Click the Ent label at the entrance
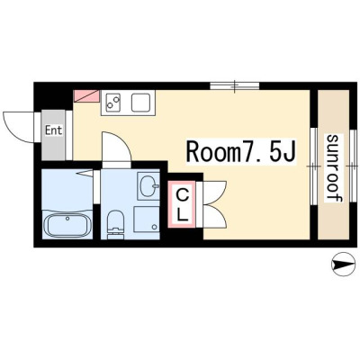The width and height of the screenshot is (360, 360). [x=54, y=130]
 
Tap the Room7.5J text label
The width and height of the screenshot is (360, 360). [x=241, y=151]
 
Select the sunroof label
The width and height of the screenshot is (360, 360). [x=335, y=167]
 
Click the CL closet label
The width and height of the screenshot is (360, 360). [x=182, y=205]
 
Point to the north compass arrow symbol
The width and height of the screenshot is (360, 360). [x=341, y=265]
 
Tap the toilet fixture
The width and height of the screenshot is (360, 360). [x=115, y=224]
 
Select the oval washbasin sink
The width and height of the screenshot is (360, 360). [x=148, y=186]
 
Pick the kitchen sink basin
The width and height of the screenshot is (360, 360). [x=140, y=103]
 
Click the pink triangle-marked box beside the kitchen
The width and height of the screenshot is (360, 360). [x=86, y=95]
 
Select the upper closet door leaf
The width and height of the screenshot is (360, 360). [x=214, y=193]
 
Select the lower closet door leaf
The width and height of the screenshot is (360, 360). [x=214, y=216]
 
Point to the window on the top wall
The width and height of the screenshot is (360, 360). [x=235, y=85]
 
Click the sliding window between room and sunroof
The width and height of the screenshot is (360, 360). [x=314, y=166]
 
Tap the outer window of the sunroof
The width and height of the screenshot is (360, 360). [x=353, y=166]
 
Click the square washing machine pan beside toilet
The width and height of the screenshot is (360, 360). [x=146, y=220]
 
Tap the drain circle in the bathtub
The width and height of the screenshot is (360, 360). [x=67, y=219]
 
